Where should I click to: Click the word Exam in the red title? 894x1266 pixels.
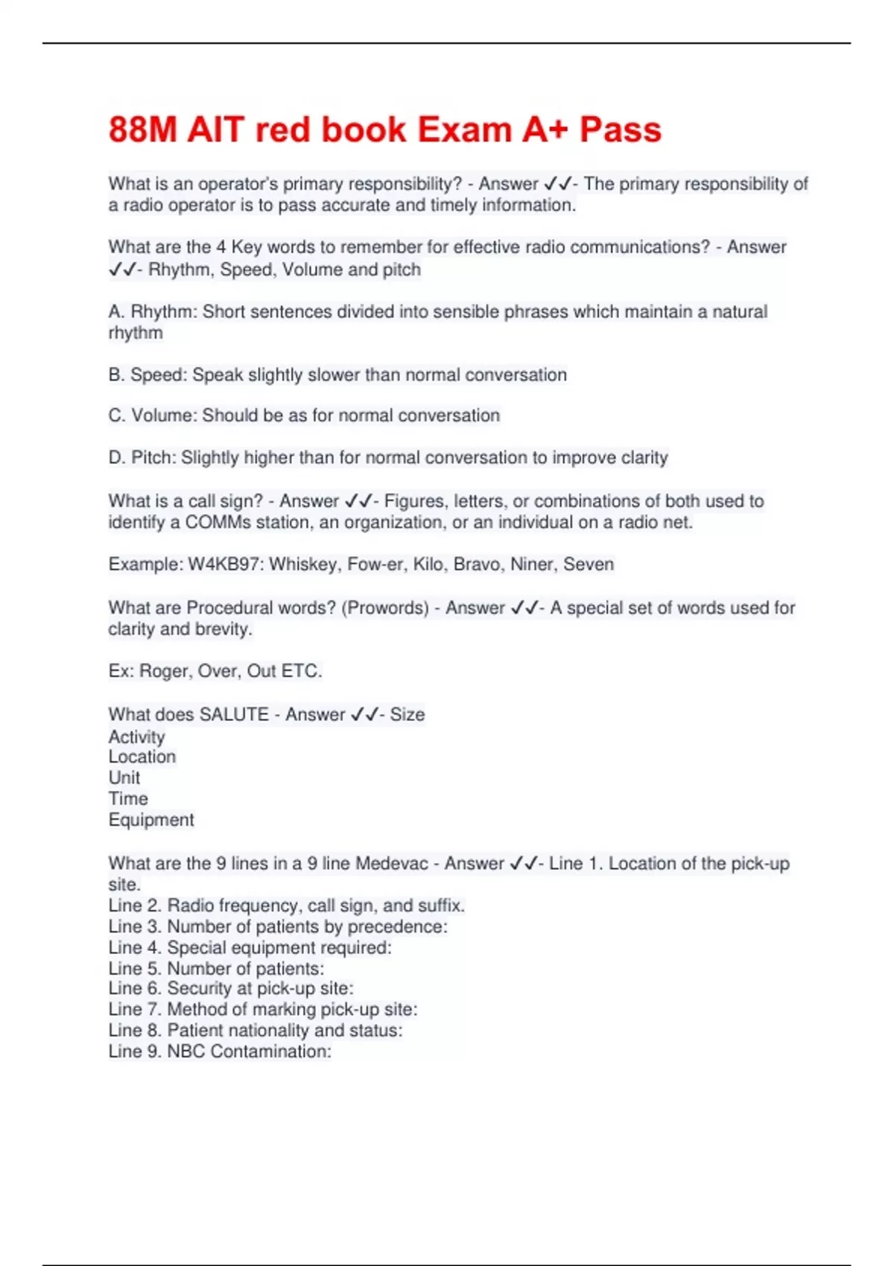tap(464, 130)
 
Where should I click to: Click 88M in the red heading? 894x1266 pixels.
tap(142, 130)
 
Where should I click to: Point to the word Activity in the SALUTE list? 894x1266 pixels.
tap(136, 737)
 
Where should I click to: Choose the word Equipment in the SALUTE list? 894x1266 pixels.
tap(150, 820)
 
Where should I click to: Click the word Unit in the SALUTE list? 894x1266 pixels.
tap(124, 778)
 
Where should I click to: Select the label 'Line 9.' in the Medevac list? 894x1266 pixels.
tap(134, 1052)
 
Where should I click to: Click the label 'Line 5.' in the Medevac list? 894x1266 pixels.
tap(134, 969)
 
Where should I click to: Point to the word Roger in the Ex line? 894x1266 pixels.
tap(165, 672)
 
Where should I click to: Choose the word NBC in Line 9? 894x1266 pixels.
tap(186, 1052)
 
